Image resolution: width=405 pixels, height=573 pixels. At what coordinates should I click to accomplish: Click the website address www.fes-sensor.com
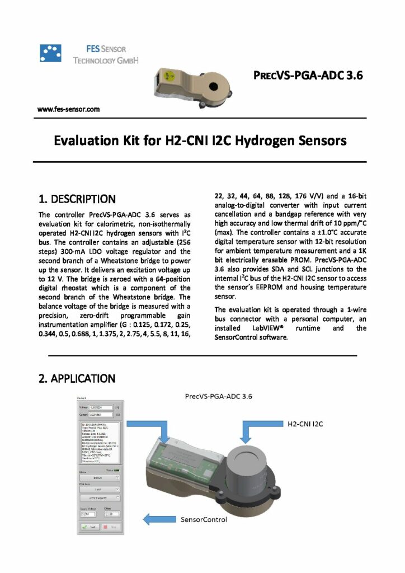(68, 109)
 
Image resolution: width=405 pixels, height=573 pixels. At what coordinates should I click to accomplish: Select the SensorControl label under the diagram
(204, 519)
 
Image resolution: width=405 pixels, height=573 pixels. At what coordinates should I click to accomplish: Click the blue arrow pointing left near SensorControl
(160, 518)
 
